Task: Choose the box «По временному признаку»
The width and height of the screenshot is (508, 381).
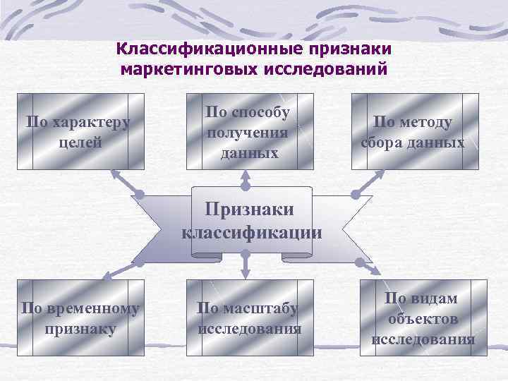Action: point(79,317)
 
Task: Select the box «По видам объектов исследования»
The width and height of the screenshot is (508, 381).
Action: point(423,317)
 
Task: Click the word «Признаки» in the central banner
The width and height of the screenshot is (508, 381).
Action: point(248,209)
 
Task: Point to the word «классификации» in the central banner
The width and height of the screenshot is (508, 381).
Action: point(251,232)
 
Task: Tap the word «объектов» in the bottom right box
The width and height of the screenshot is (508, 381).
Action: point(423,319)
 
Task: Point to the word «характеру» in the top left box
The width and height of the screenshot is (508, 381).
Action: point(89,121)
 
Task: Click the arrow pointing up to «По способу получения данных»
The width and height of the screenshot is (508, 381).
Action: point(246,180)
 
